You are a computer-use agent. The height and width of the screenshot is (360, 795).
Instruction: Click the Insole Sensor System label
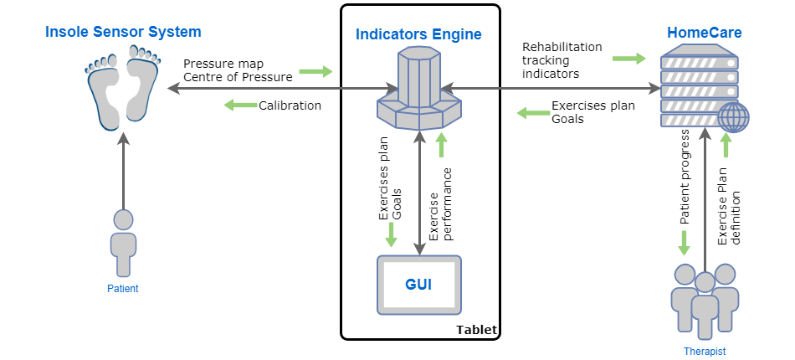pyautogui.click(x=123, y=33)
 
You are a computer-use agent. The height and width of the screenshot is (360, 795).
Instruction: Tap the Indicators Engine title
pyautogui.click(x=418, y=34)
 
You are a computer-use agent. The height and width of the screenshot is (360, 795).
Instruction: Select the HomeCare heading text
pyautogui.click(x=704, y=33)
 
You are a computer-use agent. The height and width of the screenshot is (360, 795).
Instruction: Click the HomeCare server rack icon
pyautogui.click(x=700, y=88)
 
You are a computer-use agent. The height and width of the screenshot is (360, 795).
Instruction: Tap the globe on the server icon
pyautogui.click(x=734, y=117)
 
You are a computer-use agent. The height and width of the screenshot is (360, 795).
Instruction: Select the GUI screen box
pyautogui.click(x=418, y=285)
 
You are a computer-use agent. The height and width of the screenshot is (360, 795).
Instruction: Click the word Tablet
pyautogui.click(x=476, y=330)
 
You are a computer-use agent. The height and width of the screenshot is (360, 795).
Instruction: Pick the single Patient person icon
pyautogui.click(x=123, y=243)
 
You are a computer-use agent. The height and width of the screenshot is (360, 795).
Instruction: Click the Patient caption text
pyautogui.click(x=123, y=289)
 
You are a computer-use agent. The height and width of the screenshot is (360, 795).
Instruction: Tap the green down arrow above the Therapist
pyautogui.click(x=684, y=243)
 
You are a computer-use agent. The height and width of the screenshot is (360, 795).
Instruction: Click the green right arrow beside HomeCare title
pyautogui.click(x=628, y=59)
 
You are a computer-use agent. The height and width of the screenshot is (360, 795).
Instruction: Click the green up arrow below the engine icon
pyautogui.click(x=441, y=145)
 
